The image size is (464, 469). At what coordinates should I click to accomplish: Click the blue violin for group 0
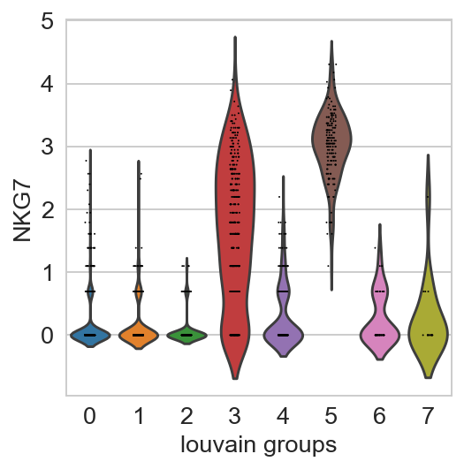pyautogui.click(x=90, y=336)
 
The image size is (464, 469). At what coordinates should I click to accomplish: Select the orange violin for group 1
pyautogui.click(x=139, y=336)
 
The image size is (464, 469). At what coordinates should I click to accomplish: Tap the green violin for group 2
pyautogui.click(x=186, y=336)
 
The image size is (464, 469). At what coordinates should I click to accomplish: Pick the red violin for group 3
pyautogui.click(x=235, y=209)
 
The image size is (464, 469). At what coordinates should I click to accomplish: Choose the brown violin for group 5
pyautogui.click(x=331, y=140)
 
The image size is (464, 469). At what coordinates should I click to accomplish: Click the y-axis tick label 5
pyautogui.click(x=48, y=21)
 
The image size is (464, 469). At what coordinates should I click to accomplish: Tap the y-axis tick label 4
pyautogui.click(x=48, y=84)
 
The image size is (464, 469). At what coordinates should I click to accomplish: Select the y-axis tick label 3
pyautogui.click(x=48, y=147)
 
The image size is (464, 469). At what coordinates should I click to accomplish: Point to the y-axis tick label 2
pyautogui.click(x=48, y=209)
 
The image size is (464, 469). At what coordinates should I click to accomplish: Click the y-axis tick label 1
pyautogui.click(x=48, y=272)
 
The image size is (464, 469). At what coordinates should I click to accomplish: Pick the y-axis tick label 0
pyautogui.click(x=48, y=335)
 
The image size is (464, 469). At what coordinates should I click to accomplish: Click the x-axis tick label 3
pyautogui.click(x=235, y=416)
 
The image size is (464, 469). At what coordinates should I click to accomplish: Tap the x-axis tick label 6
pyautogui.click(x=380, y=416)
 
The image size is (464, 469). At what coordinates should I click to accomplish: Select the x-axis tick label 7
pyautogui.click(x=428, y=416)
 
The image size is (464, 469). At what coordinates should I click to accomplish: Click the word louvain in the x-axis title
pyautogui.click(x=218, y=445)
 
